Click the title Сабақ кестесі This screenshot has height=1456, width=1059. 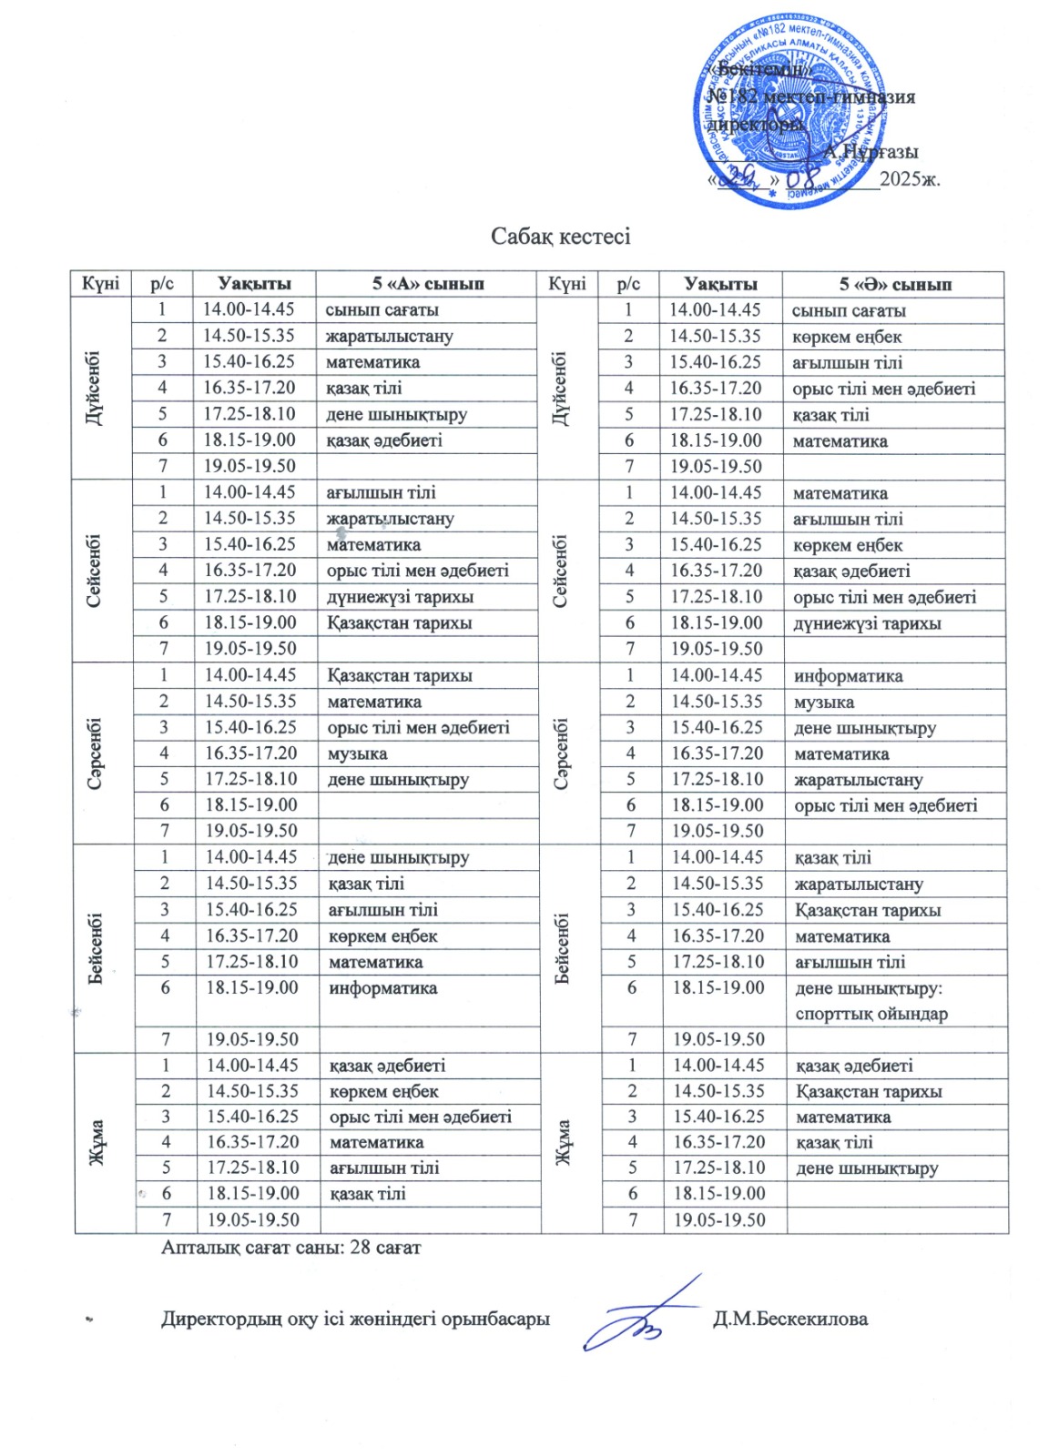click(560, 237)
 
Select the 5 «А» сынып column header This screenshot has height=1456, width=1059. click(427, 284)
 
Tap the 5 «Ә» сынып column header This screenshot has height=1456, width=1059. click(894, 285)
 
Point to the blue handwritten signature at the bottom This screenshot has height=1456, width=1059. click(642, 1317)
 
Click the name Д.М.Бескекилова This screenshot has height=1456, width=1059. click(789, 1319)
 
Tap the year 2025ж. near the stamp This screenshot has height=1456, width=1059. click(910, 178)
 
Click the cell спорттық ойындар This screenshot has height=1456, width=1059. click(871, 1014)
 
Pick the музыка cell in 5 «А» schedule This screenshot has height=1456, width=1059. click(358, 753)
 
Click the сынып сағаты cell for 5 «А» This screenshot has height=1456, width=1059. click(382, 310)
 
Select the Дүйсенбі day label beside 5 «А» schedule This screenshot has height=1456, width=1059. click(94, 388)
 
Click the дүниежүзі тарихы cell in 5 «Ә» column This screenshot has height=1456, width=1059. click(867, 624)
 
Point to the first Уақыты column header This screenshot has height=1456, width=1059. click(254, 284)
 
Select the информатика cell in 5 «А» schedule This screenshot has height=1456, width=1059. click(382, 988)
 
